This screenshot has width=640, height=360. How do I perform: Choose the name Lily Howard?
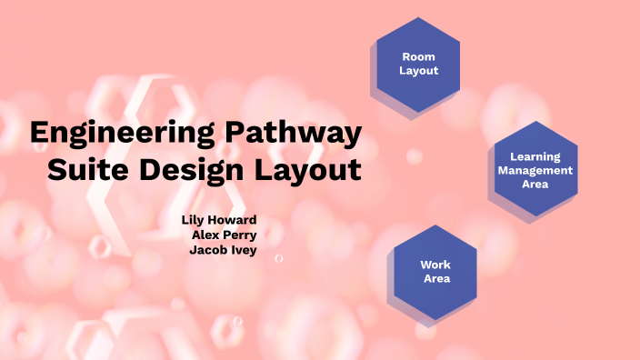219,220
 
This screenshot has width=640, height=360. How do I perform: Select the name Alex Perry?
224,235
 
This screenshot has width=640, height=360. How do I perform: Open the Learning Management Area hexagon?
535,170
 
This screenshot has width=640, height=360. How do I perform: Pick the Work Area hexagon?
435,272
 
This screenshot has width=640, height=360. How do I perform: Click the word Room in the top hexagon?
418,56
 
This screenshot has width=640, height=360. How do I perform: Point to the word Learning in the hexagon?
535,156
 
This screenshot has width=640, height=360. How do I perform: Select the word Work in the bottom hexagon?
435,265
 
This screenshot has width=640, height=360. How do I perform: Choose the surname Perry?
241,235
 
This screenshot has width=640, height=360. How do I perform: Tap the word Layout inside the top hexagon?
418,70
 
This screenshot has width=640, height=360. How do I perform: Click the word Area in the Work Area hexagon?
436,278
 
